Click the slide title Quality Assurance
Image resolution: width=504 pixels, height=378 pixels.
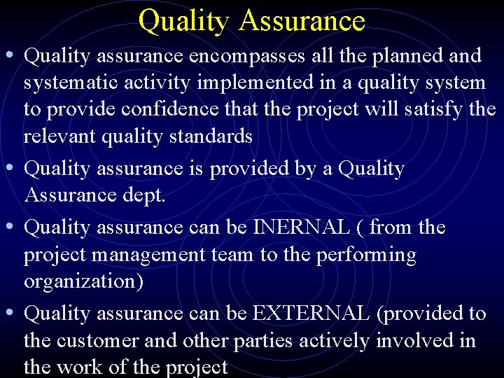tap(251, 20)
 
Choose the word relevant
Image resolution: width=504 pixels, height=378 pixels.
tap(60, 136)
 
